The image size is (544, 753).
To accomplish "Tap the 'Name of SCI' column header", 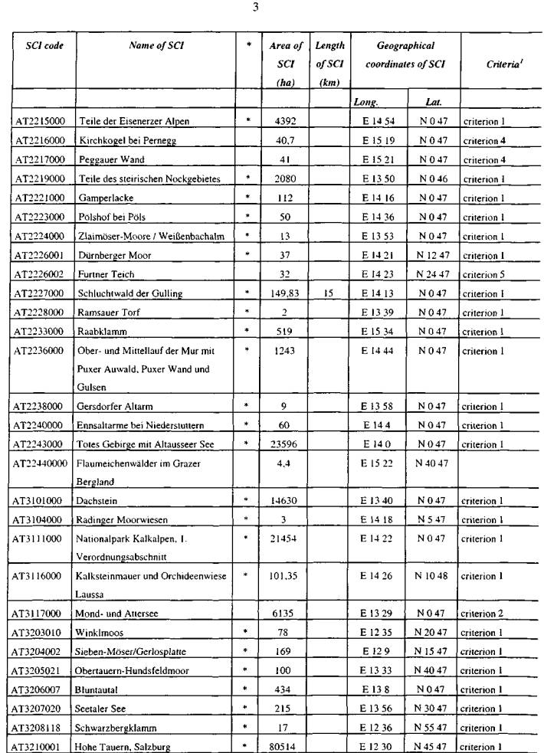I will (x=156, y=46).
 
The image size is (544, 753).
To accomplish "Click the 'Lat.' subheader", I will (x=434, y=101).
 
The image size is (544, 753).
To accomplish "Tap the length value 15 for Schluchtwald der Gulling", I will (x=327, y=293).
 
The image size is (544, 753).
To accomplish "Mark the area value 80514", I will (x=286, y=745).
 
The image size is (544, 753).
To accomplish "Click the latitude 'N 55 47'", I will (x=433, y=726).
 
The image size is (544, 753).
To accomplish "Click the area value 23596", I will (x=286, y=445).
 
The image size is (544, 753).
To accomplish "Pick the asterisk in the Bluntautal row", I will (x=248, y=689).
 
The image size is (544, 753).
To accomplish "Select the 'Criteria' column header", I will (x=501, y=65).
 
